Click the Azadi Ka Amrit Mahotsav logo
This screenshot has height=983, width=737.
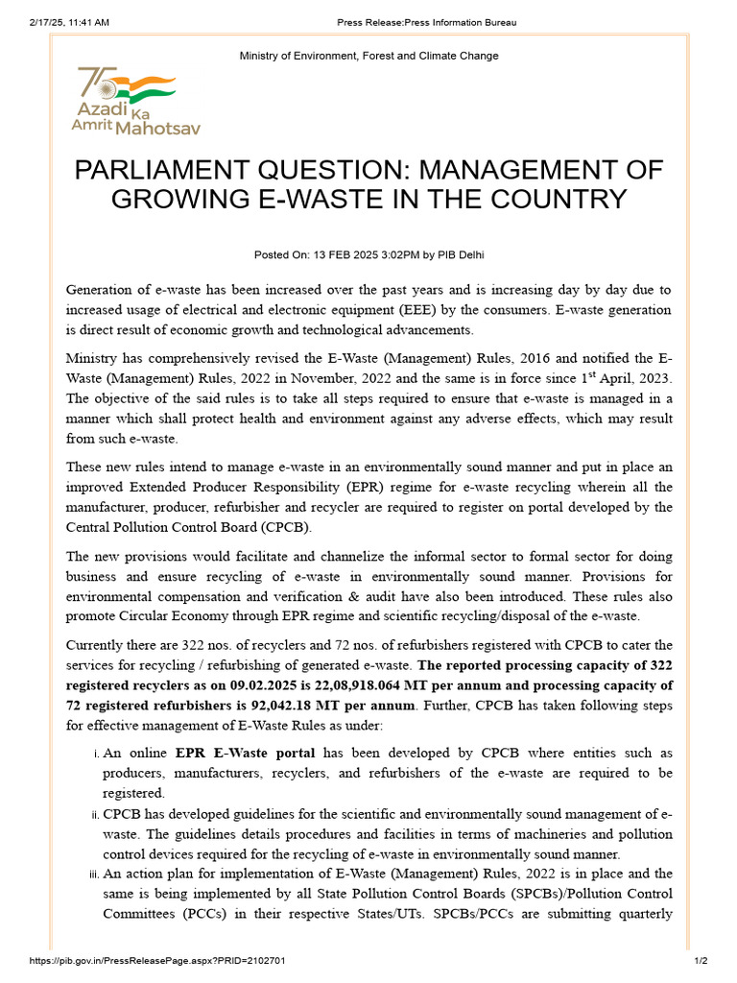137,101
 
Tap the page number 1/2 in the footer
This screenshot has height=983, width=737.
701,960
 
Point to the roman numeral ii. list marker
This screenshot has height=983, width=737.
96,816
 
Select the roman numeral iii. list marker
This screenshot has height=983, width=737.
95,874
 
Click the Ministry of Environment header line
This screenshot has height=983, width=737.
368,56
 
